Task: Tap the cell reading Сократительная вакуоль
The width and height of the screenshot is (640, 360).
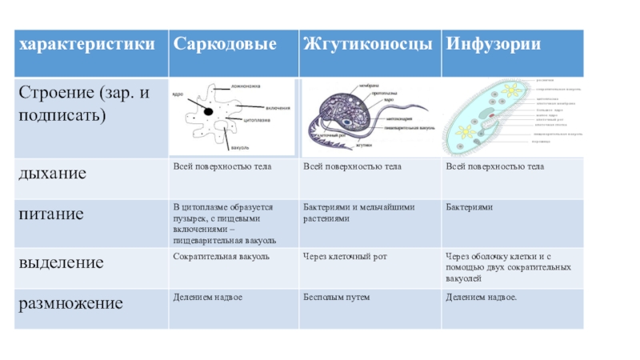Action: click(221, 256)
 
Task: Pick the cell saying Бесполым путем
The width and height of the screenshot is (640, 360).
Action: click(336, 297)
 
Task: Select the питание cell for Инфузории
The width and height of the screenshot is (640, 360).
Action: click(470, 207)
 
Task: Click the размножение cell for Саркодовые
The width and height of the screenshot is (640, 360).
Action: click(207, 297)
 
